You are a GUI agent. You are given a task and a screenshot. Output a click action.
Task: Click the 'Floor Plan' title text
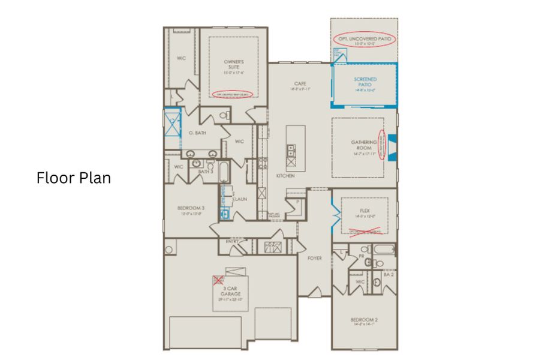coord(74,178)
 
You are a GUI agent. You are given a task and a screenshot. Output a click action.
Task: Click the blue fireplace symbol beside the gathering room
coord(392,146)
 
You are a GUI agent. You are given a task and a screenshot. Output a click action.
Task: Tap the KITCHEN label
coord(285,176)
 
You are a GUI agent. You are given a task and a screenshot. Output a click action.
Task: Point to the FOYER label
coord(314,258)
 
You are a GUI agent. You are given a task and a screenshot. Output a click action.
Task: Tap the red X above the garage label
coord(219,280)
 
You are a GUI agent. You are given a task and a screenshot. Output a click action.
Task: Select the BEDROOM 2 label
coord(364,320)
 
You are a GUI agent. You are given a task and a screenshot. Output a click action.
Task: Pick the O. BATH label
coord(197,133)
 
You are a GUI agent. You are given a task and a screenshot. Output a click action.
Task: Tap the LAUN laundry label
coord(240,199)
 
